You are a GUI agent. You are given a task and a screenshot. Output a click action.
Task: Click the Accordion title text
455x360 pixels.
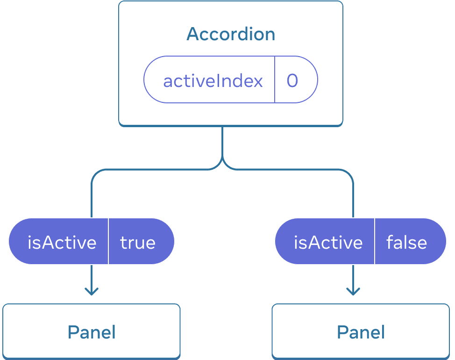(231, 34)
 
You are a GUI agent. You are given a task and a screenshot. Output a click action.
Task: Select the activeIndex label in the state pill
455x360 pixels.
(213, 81)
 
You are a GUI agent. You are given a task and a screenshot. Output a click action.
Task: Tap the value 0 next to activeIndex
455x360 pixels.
(292, 81)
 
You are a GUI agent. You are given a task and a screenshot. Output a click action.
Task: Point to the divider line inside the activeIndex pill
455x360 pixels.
(275, 79)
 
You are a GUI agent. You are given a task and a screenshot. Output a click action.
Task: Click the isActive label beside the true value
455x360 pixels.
(62, 242)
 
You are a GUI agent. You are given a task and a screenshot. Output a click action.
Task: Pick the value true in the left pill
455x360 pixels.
(138, 242)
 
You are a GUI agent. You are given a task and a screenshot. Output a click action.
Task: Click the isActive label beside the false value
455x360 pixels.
(328, 242)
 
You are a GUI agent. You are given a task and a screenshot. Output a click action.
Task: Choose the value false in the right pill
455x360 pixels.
(406, 242)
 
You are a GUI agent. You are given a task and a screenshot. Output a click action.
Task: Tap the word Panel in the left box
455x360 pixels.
(92, 332)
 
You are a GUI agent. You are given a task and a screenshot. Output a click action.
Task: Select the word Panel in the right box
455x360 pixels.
(361, 332)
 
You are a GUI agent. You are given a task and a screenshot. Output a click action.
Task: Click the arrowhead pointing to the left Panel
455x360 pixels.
(92, 292)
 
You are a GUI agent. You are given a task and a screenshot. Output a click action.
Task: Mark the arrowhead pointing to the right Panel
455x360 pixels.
(353, 292)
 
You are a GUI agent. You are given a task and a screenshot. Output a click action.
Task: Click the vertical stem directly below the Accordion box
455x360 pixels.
(222, 143)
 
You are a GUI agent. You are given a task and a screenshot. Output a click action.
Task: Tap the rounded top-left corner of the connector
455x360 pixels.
(95, 173)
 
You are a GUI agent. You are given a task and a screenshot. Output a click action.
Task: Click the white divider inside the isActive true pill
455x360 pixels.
(108, 241)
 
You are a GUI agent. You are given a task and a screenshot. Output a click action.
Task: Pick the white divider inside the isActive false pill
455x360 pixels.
(375, 241)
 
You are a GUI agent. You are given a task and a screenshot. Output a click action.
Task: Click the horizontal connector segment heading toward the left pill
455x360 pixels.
(154, 170)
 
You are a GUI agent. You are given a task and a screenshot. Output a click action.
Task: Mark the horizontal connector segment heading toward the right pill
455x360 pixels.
(290, 170)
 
